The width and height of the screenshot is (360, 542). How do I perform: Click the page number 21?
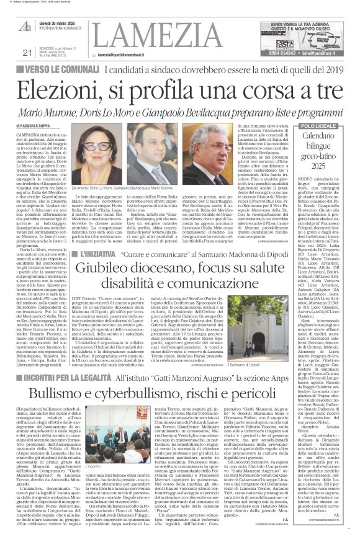point(9,52)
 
